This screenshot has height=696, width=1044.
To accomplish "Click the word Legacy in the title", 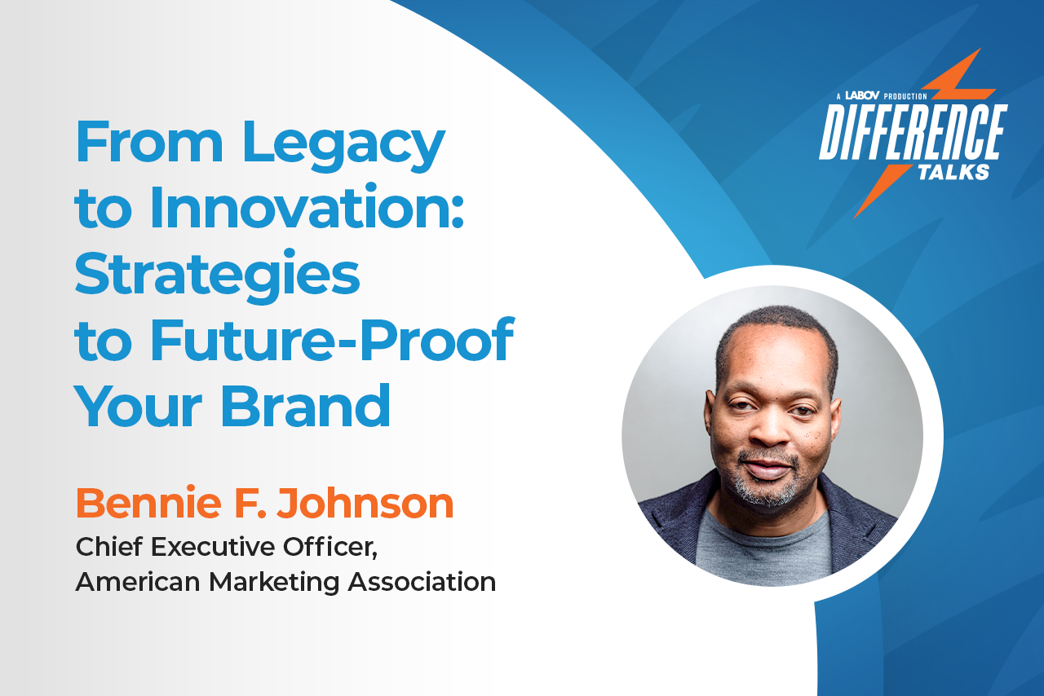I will (343, 144).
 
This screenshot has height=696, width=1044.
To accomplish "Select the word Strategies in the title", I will (217, 275).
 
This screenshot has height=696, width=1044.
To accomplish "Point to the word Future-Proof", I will (331, 341).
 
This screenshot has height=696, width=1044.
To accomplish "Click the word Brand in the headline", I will (306, 406).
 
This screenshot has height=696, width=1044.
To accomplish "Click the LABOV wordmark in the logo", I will (862, 96).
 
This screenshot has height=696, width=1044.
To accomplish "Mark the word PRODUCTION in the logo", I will (905, 96).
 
